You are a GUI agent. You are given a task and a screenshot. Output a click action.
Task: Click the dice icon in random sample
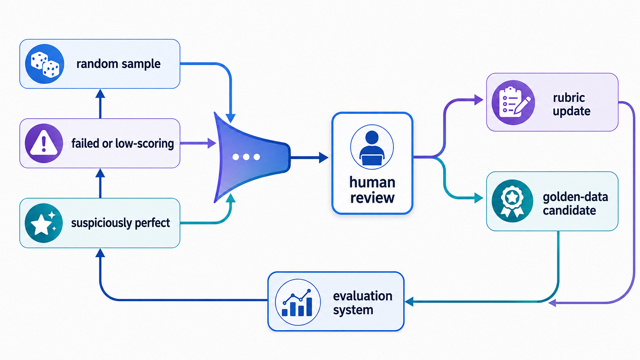44,64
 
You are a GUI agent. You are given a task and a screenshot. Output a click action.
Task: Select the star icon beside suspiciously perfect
44,223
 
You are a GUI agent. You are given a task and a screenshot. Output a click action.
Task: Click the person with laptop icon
372,147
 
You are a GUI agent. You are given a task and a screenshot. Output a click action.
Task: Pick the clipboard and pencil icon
513,102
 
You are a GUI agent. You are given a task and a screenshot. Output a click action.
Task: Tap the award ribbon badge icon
512,201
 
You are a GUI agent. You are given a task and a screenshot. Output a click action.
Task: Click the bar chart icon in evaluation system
298,302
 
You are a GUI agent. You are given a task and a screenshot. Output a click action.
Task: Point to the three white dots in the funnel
246,157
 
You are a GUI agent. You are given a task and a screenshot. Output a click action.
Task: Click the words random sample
118,64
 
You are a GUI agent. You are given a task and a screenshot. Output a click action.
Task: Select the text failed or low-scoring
123,143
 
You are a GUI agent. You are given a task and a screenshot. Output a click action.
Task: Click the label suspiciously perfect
120,223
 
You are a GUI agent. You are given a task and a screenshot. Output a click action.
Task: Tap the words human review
372,190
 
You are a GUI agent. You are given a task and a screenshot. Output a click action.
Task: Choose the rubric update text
571,105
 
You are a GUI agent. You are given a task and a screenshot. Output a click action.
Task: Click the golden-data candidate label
575,204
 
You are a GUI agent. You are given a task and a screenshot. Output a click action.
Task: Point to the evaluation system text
363,303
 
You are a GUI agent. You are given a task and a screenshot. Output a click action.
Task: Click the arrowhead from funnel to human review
324,157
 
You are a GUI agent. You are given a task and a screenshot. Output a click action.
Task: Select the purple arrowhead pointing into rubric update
479,100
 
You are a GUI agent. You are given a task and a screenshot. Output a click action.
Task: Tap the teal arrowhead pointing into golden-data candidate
479,198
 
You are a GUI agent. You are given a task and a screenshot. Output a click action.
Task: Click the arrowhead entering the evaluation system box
409,302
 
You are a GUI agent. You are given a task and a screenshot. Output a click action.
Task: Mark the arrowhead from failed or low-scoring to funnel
212,143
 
